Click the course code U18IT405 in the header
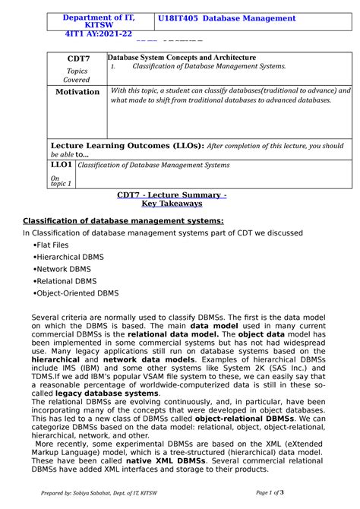pyautogui.click(x=180, y=18)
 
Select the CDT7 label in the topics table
pyautogui.click(x=78, y=58)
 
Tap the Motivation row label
pyautogui.click(x=77, y=92)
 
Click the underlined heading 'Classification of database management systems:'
pyautogui.click(x=112, y=221)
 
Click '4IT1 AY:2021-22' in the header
pyautogui.click(x=98, y=34)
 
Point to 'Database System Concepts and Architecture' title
pyautogui.click(x=182, y=58)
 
